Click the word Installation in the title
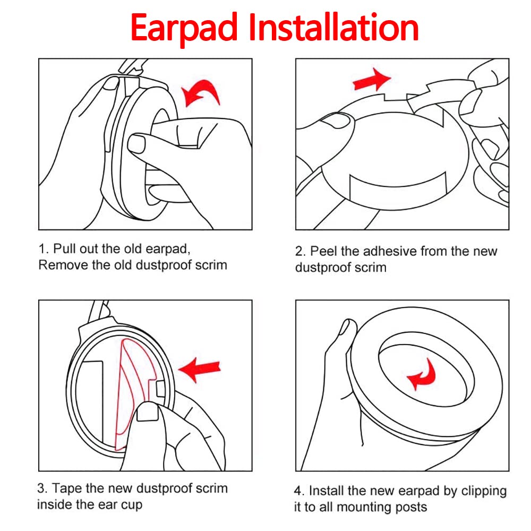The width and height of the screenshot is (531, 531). click(334, 27)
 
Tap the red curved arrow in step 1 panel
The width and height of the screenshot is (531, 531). click(201, 92)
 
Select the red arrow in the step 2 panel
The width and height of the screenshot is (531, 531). click(372, 80)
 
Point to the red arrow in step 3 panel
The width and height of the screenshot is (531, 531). click(200, 370)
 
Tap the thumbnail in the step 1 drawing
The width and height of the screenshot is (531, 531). click(136, 143)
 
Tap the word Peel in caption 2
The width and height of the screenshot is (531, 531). click(324, 251)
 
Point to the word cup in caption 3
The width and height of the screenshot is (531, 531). click(131, 506)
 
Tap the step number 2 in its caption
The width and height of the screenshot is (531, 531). click(298, 252)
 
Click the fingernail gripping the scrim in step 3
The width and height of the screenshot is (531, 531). click(148, 413)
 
